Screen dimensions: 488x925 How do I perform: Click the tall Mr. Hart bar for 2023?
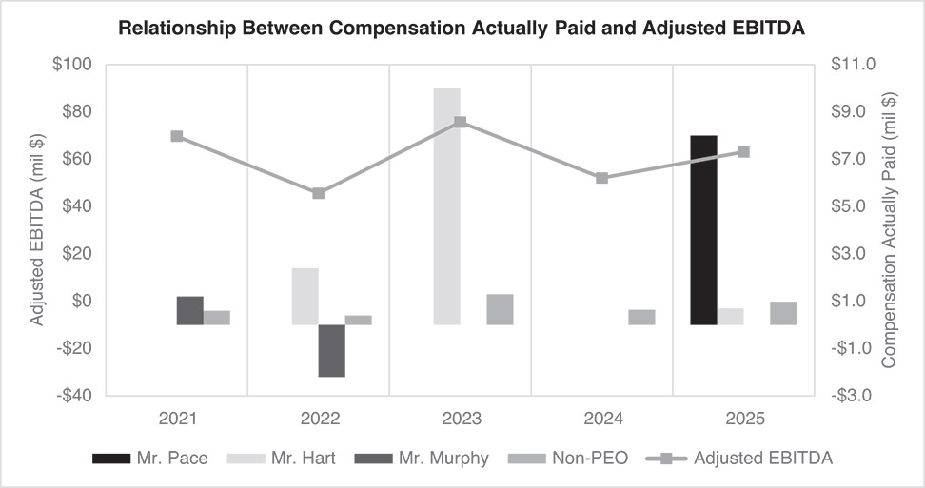click(x=446, y=206)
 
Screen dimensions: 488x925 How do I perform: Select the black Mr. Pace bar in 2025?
click(x=703, y=230)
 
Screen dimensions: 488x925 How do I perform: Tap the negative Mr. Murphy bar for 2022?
click(x=331, y=350)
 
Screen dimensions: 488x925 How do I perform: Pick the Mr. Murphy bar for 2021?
click(x=190, y=311)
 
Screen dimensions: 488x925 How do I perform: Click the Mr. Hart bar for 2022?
click(x=305, y=297)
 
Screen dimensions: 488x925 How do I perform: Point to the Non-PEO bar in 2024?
click(x=641, y=318)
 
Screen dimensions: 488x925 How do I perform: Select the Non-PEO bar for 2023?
click(x=500, y=310)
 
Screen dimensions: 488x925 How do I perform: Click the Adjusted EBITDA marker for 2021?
click(x=177, y=136)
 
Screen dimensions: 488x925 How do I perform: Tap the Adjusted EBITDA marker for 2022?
click(x=319, y=193)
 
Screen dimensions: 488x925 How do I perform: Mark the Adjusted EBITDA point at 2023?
click(x=460, y=122)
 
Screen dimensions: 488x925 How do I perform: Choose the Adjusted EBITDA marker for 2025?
click(x=744, y=151)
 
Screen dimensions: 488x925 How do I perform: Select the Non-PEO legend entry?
click(x=568, y=459)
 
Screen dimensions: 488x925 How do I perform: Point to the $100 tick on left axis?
click(x=71, y=65)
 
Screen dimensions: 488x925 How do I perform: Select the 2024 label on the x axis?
click(x=601, y=419)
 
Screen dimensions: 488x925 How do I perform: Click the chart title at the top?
click(x=462, y=29)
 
